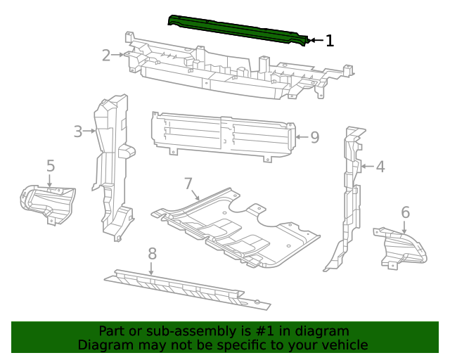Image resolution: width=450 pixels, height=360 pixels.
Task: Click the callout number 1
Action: click(x=329, y=41)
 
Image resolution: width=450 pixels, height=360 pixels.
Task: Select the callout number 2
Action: click(x=106, y=55)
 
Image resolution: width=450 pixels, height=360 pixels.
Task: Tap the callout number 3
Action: click(x=78, y=130)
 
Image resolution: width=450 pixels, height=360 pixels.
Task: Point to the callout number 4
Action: click(x=380, y=167)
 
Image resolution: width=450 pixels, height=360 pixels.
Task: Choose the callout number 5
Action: click(x=51, y=166)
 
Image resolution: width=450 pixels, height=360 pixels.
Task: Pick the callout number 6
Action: click(x=405, y=212)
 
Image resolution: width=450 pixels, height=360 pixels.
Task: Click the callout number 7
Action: click(x=188, y=184)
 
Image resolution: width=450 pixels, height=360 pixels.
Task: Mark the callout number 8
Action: click(x=152, y=253)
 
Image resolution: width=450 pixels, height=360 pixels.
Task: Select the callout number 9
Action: click(x=314, y=137)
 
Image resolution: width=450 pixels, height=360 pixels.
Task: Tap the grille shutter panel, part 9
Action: click(x=221, y=134)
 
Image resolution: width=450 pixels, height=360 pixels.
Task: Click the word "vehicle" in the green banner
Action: click(x=342, y=345)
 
